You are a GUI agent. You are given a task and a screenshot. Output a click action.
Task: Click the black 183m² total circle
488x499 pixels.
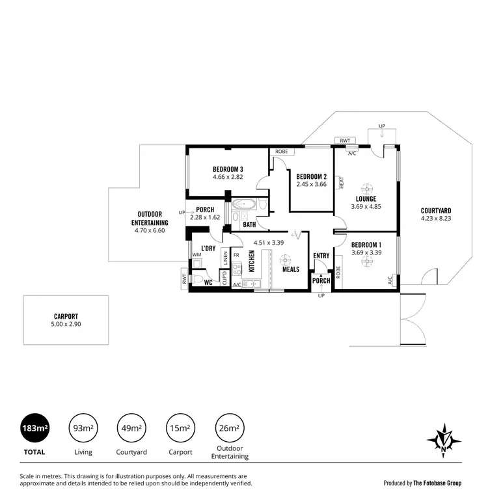(34, 427)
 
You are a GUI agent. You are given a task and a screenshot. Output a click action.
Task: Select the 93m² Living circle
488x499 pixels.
(83, 427)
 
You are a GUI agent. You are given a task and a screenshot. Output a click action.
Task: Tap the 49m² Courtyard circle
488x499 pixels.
(131, 427)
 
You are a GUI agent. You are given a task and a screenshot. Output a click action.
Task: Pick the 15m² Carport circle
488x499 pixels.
(180, 427)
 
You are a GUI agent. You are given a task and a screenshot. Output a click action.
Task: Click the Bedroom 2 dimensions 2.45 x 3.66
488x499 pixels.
(311, 185)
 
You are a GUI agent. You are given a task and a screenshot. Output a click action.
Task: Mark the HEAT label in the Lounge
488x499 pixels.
(341, 183)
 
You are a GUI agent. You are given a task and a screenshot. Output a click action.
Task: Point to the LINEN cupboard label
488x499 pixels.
(225, 257)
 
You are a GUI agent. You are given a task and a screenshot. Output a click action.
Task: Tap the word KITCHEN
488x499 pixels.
(251, 260)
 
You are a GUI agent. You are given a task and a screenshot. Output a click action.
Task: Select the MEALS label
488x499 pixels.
(290, 269)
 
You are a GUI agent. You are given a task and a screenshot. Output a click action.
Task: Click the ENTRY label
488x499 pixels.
(321, 256)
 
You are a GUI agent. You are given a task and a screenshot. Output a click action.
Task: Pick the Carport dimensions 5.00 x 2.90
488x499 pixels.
(66, 323)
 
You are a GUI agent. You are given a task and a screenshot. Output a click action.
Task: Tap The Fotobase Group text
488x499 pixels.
(441, 483)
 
